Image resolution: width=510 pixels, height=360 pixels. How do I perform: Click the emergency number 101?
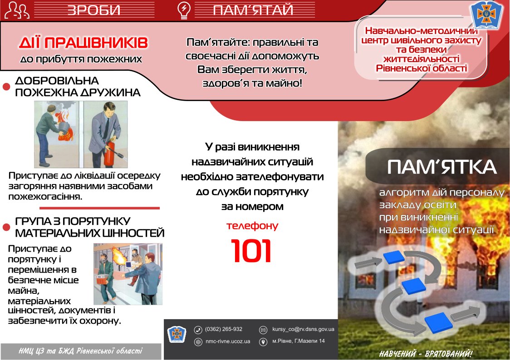pos(251,251)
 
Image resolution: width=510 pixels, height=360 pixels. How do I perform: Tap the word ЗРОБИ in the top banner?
pos(94,10)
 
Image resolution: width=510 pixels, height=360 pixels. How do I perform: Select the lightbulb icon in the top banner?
pos(183,10)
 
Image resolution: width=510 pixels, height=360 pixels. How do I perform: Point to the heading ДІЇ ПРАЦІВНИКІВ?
pos(83,44)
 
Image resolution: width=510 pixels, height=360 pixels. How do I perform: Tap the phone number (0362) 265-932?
pos(223,329)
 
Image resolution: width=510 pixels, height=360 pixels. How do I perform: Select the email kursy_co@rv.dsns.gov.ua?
pos(303,329)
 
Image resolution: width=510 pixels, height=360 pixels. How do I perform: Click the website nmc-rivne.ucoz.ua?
pos(228,341)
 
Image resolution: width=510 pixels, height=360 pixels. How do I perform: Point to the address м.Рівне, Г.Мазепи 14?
pos(299,341)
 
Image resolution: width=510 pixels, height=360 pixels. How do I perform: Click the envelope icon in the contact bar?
pos(263,330)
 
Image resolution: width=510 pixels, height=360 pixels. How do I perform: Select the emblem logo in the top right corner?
pos(486,15)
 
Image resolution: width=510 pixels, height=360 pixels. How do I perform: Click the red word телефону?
pos(252,225)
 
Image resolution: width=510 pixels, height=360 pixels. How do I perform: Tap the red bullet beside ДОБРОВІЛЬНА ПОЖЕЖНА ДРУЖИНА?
pos(6,87)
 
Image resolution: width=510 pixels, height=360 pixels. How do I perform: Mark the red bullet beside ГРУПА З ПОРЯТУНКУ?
pos(6,227)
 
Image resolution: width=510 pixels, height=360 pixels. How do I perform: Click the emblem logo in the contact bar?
pos(177,335)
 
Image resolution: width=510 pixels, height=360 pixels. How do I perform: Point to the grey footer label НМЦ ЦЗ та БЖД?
pos(80,351)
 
